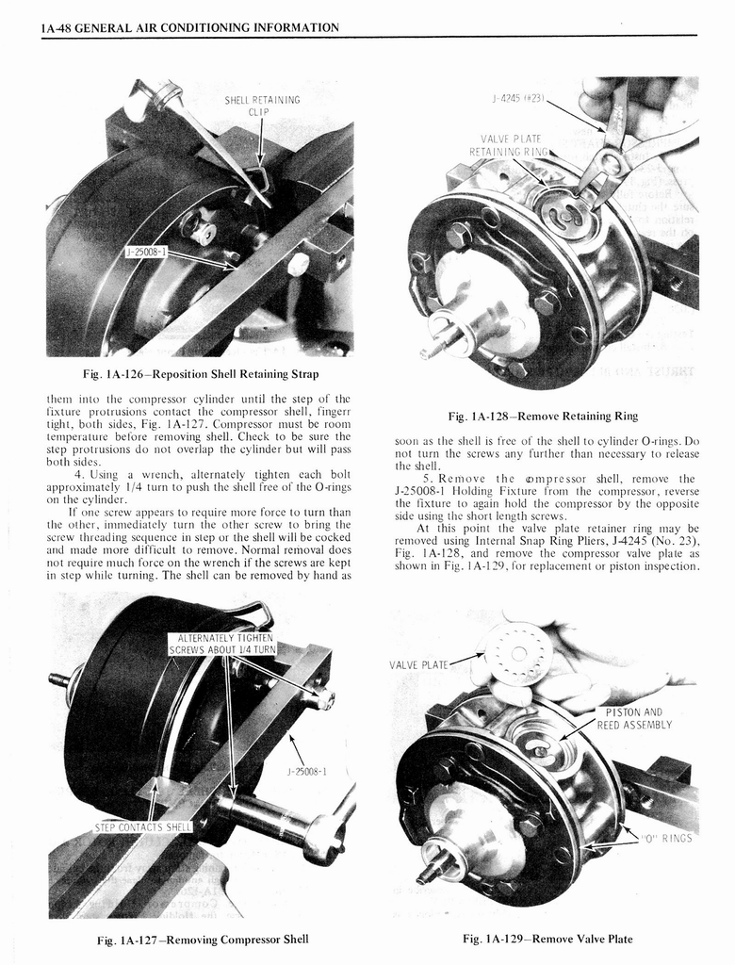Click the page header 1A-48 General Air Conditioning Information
[189, 27]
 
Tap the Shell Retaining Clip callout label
[262, 105]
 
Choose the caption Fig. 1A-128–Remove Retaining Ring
[546, 416]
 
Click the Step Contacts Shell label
[142, 827]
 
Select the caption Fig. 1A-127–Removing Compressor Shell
[203, 939]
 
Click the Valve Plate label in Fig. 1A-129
[418, 664]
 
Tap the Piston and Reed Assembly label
[633, 718]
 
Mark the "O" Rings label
[666, 838]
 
